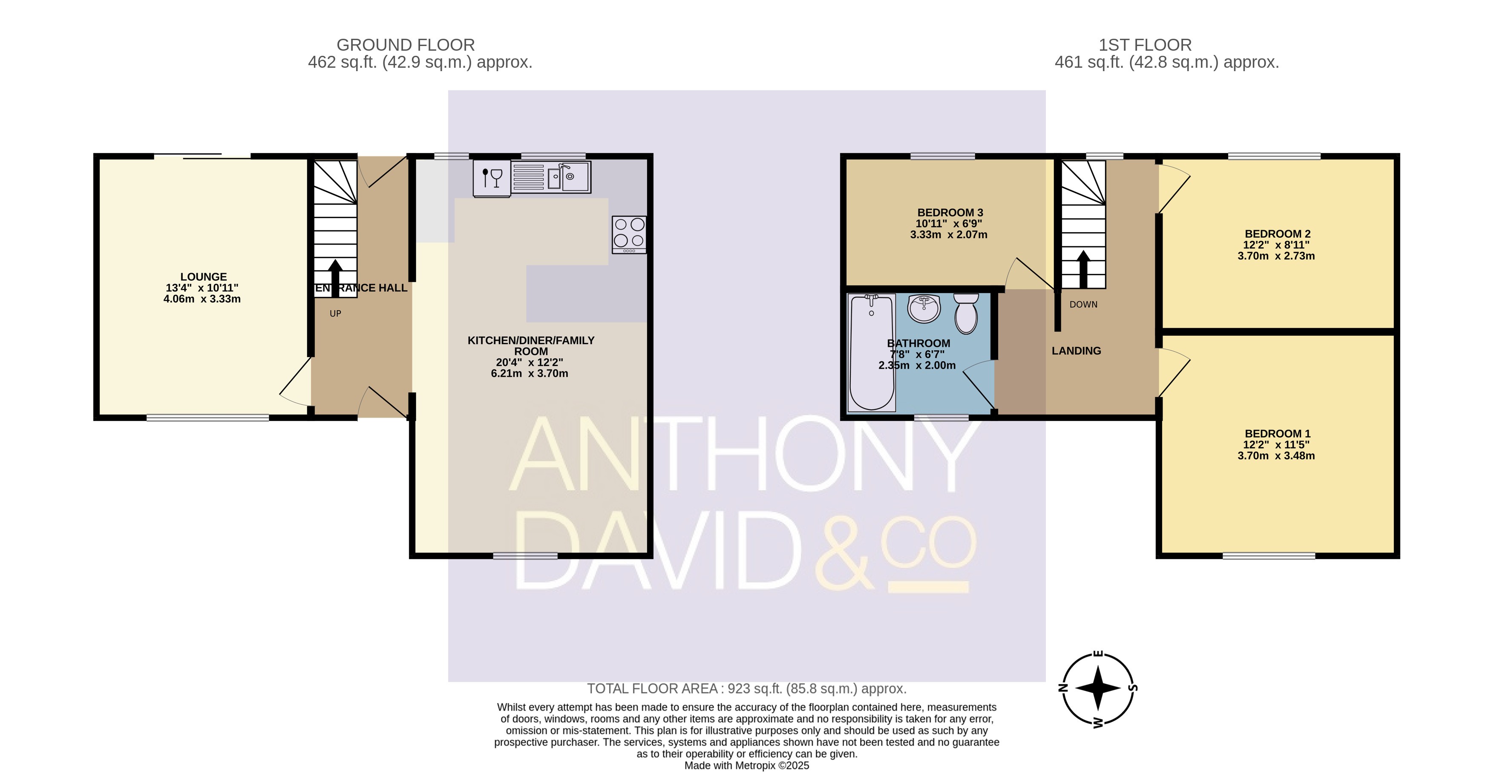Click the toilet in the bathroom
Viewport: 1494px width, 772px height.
pyautogui.click(x=966, y=313)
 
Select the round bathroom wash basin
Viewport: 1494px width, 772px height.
pyautogui.click(x=924, y=308)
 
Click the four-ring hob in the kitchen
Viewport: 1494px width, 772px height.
pyautogui.click(x=629, y=234)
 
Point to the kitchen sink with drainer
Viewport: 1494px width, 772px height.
pyautogui.click(x=551, y=176)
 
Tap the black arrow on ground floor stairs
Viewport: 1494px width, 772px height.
pyautogui.click(x=335, y=278)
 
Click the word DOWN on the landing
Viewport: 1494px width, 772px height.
pyautogui.click(x=1083, y=305)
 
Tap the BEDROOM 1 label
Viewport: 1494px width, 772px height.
pyautogui.click(x=1278, y=434)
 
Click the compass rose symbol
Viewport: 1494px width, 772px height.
pyautogui.click(x=1098, y=689)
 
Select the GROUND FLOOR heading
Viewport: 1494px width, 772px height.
pyautogui.click(x=406, y=45)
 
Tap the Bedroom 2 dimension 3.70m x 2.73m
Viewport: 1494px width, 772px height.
pyautogui.click(x=1276, y=256)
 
